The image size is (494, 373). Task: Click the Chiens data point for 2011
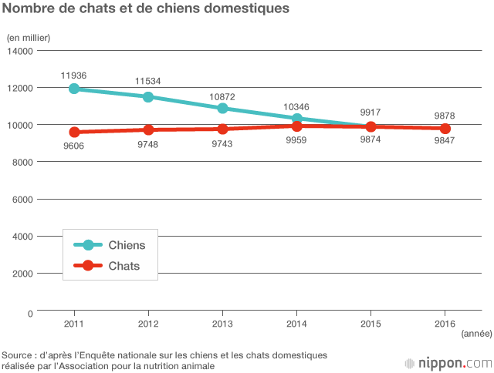pos(74,89)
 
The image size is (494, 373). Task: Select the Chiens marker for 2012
pos(148,96)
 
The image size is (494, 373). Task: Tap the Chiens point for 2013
pos(222,108)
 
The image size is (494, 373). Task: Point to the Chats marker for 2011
pos(74,132)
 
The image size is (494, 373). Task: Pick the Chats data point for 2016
pos(445,128)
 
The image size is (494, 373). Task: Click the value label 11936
pos(74,75)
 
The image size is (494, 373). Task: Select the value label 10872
pos(222,96)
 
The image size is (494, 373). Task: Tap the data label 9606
pos(74,145)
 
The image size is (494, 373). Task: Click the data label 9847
pos(445,141)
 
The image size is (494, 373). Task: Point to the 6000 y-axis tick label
pos(23,199)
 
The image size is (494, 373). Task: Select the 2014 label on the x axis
pos(296,323)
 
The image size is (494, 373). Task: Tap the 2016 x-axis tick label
pos(445,323)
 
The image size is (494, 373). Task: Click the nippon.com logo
pos(448,361)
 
